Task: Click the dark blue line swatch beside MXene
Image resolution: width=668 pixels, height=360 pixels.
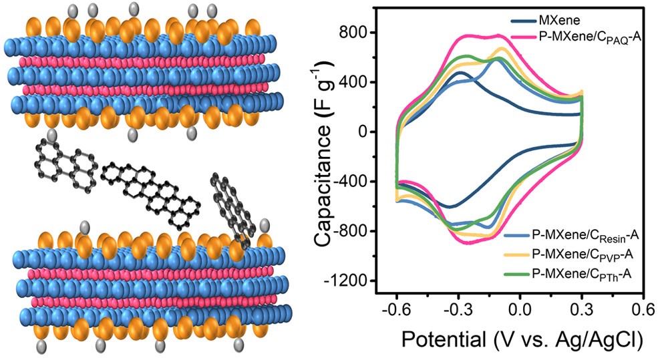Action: coord(524,21)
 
